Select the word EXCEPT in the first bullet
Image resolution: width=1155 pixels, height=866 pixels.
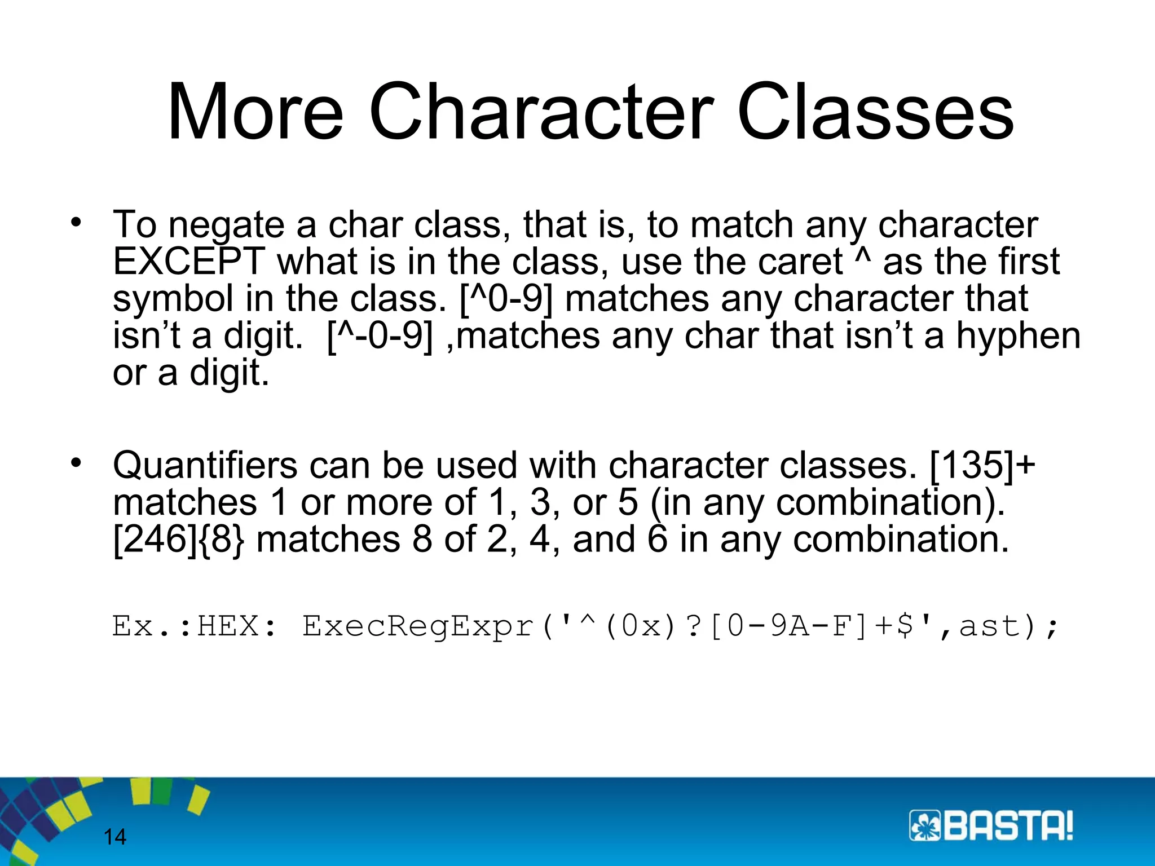(188, 262)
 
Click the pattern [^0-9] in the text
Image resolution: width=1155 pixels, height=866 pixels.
(506, 299)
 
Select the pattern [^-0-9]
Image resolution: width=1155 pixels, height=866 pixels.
(380, 336)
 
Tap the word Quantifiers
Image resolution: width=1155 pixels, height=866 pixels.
(205, 466)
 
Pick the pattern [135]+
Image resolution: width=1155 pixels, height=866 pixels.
(981, 466)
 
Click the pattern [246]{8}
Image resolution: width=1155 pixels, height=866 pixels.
(179, 540)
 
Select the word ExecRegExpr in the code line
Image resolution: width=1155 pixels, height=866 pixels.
(418, 626)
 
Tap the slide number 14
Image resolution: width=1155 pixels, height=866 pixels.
(115, 837)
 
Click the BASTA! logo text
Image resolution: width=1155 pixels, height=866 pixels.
(1008, 827)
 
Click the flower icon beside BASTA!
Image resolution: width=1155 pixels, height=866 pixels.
(924, 827)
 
